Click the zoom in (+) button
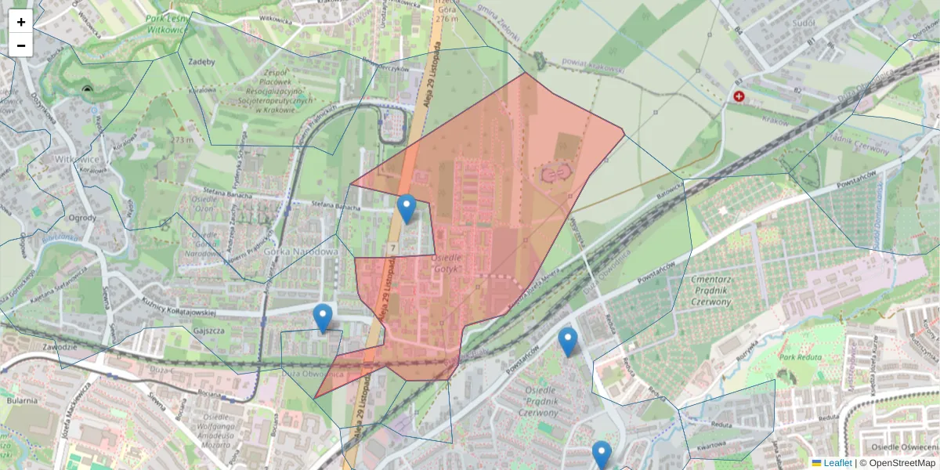point(21,22)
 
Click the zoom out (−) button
point(21,45)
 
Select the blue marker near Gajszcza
point(322,318)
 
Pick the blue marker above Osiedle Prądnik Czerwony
point(568,342)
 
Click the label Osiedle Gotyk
point(448,263)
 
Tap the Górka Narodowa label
point(300,252)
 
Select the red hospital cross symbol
point(739,96)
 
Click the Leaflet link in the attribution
point(837,463)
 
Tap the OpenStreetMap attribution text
point(897,463)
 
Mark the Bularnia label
point(22,400)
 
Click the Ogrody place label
point(82,218)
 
